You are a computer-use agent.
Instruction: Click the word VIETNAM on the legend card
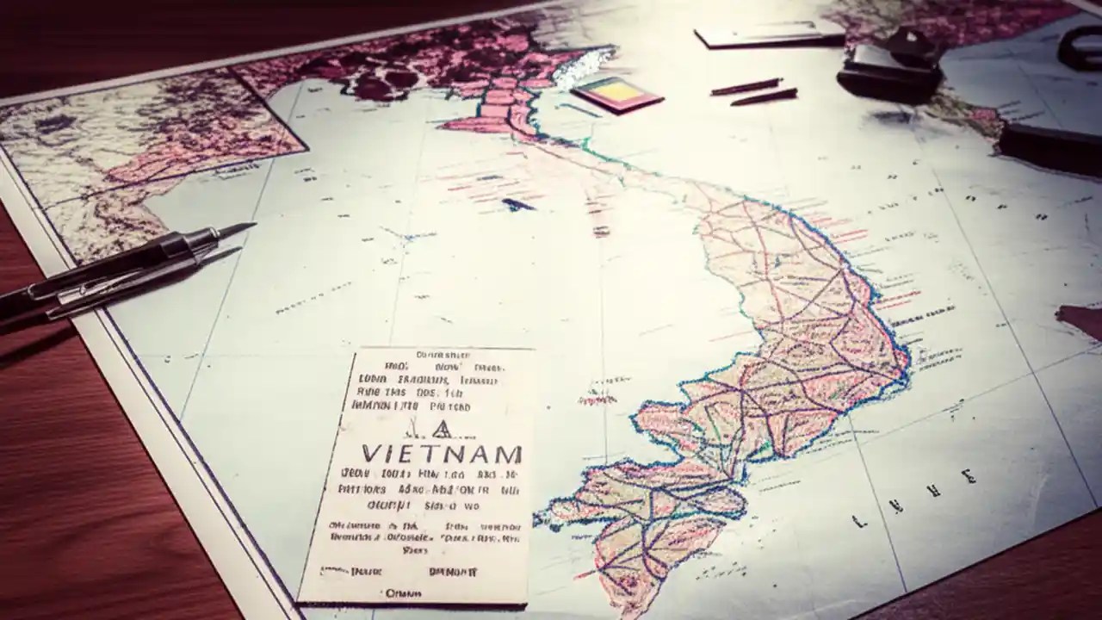442,453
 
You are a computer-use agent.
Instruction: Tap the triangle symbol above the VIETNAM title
440,428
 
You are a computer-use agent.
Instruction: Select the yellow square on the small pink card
612,90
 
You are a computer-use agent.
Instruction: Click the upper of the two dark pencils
746,87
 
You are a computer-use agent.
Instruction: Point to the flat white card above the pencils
769,34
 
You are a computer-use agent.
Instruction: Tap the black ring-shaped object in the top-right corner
1080,47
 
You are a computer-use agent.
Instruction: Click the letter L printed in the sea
858,521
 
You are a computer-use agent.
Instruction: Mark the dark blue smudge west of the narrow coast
517,205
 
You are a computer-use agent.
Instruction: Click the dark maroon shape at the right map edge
1081,320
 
